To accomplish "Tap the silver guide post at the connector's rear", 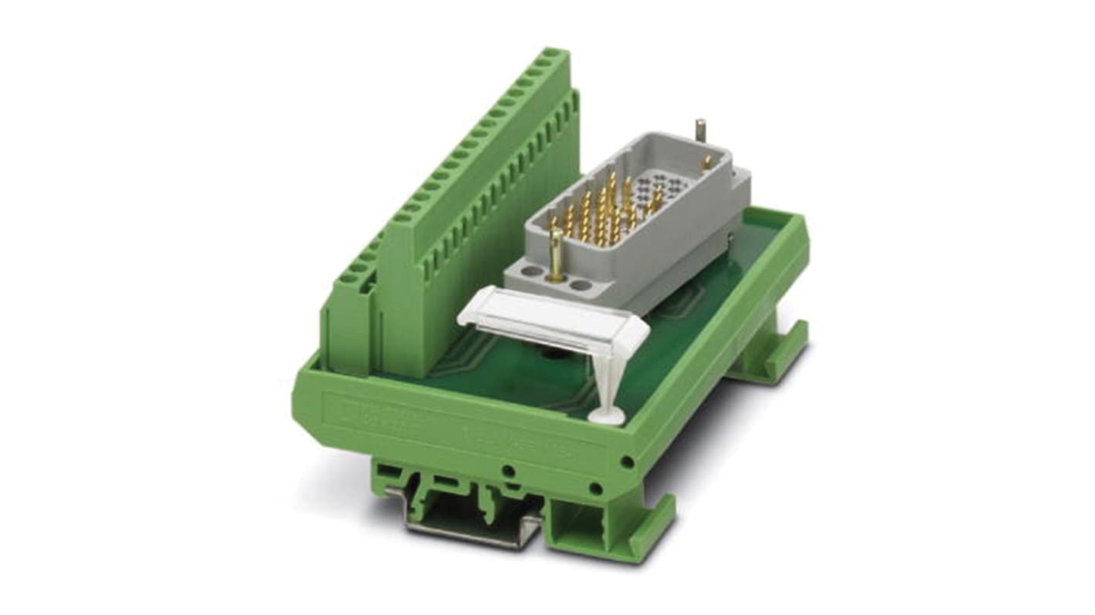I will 700,131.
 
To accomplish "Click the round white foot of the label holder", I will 607,417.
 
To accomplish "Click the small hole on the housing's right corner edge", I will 627,462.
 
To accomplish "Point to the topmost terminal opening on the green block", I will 551,56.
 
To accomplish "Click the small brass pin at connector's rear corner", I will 706,163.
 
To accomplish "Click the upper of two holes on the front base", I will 508,470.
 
